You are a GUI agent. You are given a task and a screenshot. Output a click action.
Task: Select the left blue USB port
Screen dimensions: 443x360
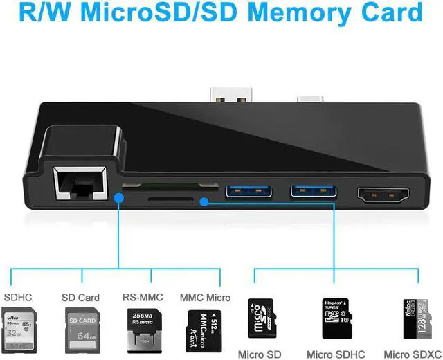coord(243,189)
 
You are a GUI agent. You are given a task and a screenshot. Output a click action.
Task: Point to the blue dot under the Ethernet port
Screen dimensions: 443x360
coord(119,198)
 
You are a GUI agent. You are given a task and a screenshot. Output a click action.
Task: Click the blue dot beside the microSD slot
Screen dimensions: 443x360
coord(204,202)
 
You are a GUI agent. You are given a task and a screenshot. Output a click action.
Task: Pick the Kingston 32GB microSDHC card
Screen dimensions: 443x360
coord(338,319)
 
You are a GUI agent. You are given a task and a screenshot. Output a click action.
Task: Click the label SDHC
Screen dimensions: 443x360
coord(18,298)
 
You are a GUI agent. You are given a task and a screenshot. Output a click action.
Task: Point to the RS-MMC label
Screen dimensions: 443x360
coord(142,298)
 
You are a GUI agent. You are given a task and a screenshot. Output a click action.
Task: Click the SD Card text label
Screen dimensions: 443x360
coord(80,298)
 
